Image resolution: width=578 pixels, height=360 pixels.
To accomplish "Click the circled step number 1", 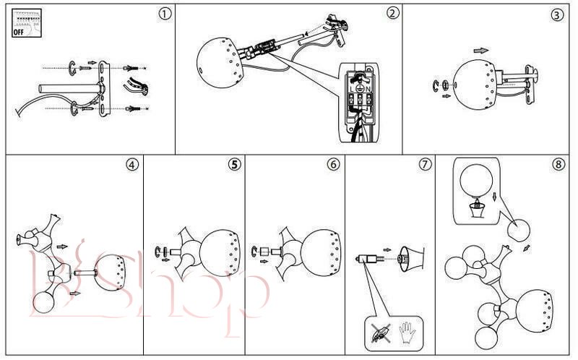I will click(166, 14).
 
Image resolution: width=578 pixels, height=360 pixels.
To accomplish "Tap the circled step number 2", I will click(392, 13).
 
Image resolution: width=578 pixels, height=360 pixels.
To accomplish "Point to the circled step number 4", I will click(131, 164).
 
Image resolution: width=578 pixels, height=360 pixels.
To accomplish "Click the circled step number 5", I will click(234, 164).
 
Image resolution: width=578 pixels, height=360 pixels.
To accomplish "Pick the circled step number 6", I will click(333, 164).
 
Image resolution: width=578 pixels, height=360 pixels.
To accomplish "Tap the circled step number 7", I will click(425, 164).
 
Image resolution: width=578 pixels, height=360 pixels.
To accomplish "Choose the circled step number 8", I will click(558, 164).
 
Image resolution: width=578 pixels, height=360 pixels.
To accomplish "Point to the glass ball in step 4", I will click(42, 304).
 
